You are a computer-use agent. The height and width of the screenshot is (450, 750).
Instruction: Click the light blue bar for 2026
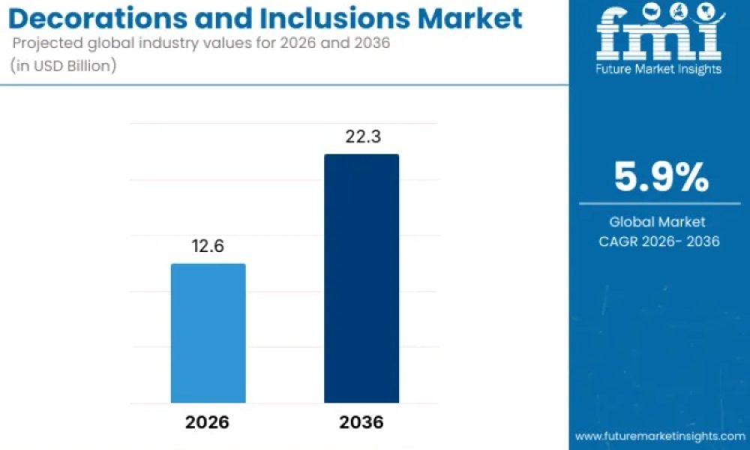[x=208, y=333]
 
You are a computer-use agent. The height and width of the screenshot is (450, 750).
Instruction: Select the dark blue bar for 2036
[x=361, y=278]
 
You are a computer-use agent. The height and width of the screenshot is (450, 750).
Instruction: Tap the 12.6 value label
[x=208, y=246]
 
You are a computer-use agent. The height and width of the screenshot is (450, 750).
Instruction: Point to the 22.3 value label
[x=364, y=136]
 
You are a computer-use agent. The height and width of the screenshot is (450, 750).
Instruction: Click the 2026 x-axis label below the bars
[x=207, y=422]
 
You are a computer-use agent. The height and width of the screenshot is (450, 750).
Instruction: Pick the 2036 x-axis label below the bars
[x=361, y=422]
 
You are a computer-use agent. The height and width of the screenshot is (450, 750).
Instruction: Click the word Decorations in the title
[x=98, y=18]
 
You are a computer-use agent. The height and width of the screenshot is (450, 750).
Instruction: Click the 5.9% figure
[x=661, y=177]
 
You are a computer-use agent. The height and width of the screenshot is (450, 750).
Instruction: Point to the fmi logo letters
[x=660, y=32]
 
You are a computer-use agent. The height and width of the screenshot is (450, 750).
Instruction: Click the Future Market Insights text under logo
[x=658, y=69]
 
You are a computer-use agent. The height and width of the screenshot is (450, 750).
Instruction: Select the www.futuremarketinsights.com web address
[x=659, y=436]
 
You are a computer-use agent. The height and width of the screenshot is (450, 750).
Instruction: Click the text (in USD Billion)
[x=63, y=65]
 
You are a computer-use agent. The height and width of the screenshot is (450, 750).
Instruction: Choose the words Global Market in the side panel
[x=657, y=222]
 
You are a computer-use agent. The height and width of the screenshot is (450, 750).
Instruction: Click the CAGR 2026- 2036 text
[x=659, y=241]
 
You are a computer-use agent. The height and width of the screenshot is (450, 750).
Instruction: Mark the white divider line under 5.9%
[x=659, y=204]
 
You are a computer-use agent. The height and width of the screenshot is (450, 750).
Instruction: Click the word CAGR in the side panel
[x=618, y=241]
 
